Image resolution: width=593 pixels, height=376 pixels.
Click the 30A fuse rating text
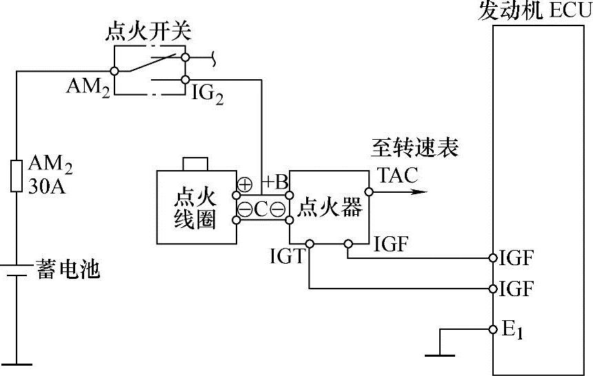coord(48,187)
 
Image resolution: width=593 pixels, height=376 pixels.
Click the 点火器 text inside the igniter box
coord(329,207)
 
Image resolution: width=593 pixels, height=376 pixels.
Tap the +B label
coord(275,183)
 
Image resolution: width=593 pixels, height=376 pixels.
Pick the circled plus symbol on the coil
coord(245,185)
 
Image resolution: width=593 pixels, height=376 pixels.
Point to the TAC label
coord(398,176)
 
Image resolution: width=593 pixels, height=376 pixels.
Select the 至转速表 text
coord(415,148)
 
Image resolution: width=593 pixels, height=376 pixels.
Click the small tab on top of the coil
coord(195,164)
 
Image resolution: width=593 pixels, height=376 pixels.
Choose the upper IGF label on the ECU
coord(516,259)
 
